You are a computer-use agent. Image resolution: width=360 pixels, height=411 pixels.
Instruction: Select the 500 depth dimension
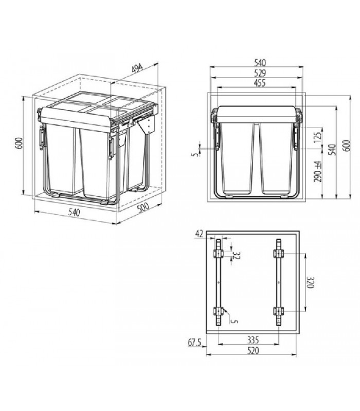(x=146, y=214)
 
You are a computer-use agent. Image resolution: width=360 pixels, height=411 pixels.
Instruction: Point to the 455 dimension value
(x=256, y=84)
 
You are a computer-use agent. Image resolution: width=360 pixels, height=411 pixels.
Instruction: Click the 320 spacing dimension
(x=310, y=283)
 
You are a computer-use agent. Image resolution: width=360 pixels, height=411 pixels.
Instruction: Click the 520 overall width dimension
(x=252, y=351)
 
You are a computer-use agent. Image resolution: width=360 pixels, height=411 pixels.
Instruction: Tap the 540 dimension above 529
(x=256, y=63)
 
